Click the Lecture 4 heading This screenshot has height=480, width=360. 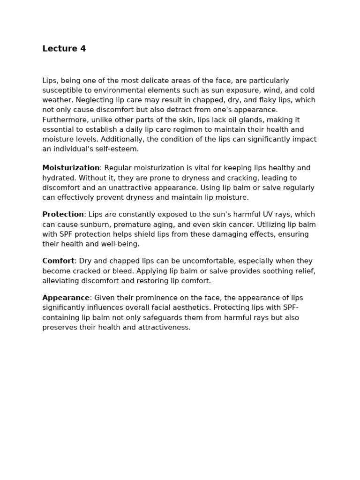pyautogui.click(x=64, y=49)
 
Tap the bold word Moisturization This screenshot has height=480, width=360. pyautogui.click(x=71, y=168)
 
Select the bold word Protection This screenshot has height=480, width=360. pyautogui.click(x=63, y=214)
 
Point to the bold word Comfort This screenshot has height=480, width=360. pyautogui.click(x=58, y=261)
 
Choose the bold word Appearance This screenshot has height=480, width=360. pyautogui.click(x=66, y=298)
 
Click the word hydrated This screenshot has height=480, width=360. pyautogui.click(x=59, y=178)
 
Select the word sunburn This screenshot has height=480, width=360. pyautogui.click(x=90, y=225)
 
